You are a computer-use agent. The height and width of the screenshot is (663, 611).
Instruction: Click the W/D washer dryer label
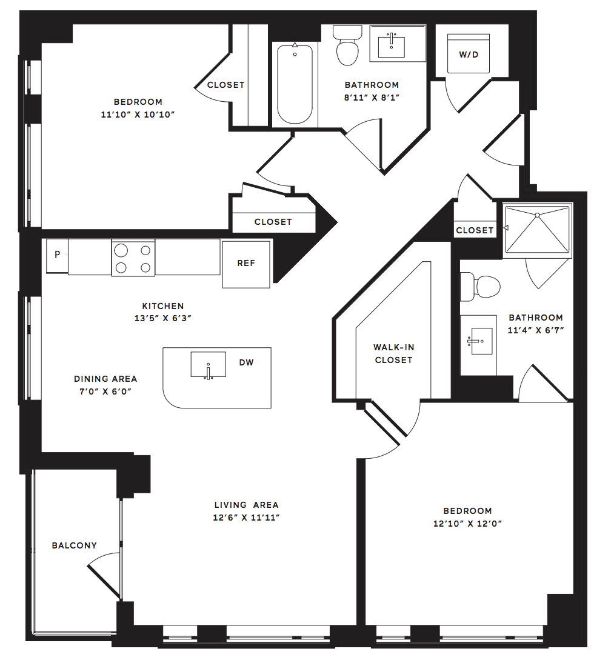click(469, 55)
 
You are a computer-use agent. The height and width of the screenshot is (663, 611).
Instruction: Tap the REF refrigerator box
click(246, 264)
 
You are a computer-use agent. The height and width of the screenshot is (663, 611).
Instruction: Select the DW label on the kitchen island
click(247, 362)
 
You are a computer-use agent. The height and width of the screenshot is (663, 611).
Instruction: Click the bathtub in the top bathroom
click(295, 85)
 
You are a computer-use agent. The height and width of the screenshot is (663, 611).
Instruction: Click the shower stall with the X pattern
click(537, 230)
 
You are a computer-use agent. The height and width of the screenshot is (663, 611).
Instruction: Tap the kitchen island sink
click(208, 364)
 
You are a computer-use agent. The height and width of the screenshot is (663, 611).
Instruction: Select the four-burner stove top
click(133, 258)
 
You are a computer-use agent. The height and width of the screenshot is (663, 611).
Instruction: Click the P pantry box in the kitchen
click(57, 256)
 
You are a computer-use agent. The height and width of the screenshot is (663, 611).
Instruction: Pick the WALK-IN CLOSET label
click(393, 353)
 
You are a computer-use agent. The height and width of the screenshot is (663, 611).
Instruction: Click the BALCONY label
click(75, 545)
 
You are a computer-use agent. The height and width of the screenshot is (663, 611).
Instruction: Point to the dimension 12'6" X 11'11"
click(247, 518)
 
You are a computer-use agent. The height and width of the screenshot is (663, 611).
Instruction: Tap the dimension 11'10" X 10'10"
click(138, 115)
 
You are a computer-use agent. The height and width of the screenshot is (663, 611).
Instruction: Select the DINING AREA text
click(105, 379)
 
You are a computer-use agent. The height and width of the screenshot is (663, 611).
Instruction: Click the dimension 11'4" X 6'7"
click(536, 330)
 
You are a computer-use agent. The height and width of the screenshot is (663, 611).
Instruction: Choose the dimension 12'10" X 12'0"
click(468, 524)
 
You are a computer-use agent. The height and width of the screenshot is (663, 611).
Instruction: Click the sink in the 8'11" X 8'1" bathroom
click(392, 44)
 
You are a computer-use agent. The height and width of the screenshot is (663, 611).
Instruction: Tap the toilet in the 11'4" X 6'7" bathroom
click(480, 287)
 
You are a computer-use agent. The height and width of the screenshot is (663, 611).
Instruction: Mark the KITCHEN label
click(163, 306)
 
